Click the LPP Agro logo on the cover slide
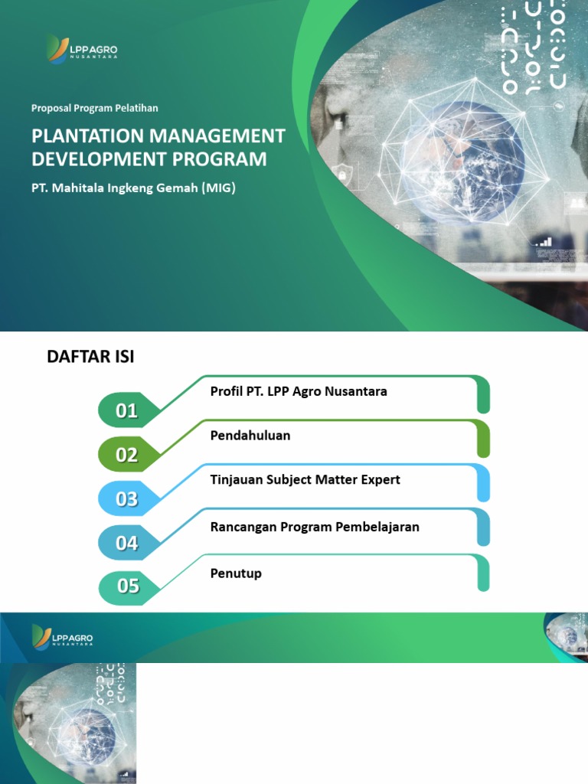(81, 50)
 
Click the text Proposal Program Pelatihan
(95, 108)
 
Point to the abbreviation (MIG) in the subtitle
(218, 187)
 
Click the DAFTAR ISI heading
(90, 357)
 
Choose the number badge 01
(127, 411)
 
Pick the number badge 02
(127, 456)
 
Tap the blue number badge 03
(127, 499)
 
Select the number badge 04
(127, 544)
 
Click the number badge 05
(128, 586)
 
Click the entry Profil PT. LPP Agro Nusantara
(299, 391)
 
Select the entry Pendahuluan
(250, 436)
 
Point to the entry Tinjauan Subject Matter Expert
(305, 480)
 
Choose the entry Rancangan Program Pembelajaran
(315, 527)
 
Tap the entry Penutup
(236, 573)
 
